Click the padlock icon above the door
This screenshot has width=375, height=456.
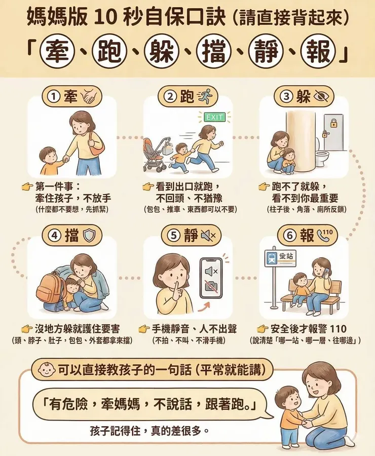(334, 123)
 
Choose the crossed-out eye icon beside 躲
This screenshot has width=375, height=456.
(321, 96)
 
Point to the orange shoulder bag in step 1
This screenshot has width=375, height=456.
(96, 143)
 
